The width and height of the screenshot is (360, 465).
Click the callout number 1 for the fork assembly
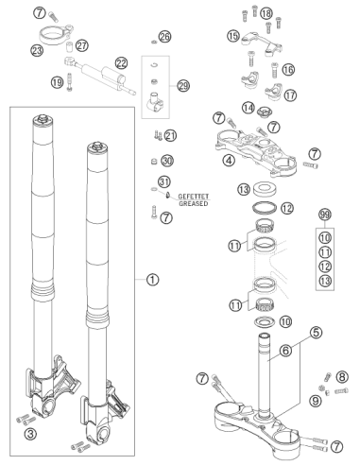coord(152,280)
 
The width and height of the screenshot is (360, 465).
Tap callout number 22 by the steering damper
coord(122,63)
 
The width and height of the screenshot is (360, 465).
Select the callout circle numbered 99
coord(325,215)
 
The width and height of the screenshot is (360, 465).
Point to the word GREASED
coord(194,203)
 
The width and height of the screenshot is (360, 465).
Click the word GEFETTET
coord(194,197)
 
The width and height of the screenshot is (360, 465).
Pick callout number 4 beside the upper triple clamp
coord(229,161)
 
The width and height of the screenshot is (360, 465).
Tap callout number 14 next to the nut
coord(249,108)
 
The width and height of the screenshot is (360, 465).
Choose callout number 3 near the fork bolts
coord(30,434)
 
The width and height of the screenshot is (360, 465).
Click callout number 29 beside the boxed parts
coord(183,86)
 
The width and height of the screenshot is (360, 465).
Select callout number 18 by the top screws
coord(266,13)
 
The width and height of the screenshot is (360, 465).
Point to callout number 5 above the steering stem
coord(316,332)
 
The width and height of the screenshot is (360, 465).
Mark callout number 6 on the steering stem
coord(285,351)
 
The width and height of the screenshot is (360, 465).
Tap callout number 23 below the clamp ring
coord(37,50)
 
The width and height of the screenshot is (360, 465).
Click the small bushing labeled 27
coord(69,47)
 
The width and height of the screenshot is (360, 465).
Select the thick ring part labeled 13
coord(265,189)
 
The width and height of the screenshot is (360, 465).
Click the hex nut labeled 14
coord(264,112)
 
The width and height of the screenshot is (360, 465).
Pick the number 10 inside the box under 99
coord(325,237)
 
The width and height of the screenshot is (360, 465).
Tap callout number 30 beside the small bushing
coord(167,161)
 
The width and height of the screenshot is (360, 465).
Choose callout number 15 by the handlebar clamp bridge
coord(233,36)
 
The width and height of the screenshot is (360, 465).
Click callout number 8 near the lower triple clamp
coord(342,377)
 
